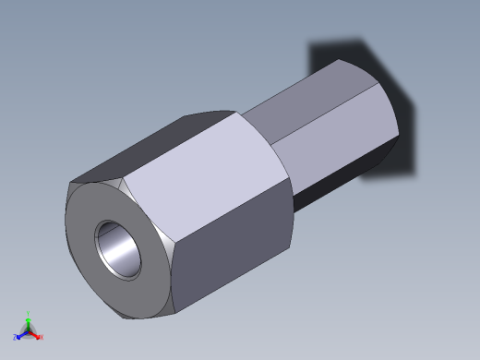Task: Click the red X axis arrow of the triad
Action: pos(35,335)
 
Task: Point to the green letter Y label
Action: pos(29,313)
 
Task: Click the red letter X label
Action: pos(41,338)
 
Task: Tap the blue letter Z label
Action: pos(16,338)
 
